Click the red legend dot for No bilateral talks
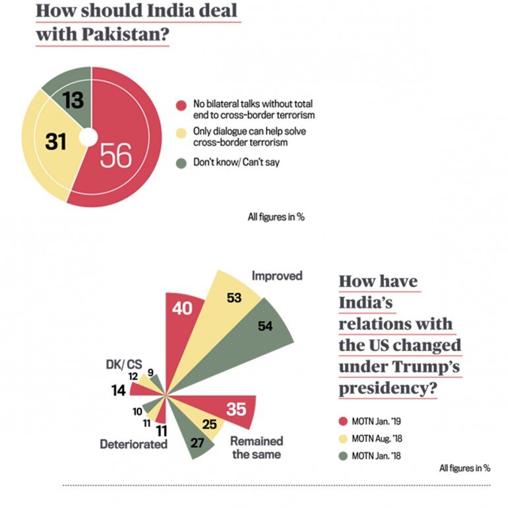pyautogui.click(x=180, y=105)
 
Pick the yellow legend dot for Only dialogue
pyautogui.click(x=180, y=132)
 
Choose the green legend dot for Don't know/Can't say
pyautogui.click(x=180, y=160)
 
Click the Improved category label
pyautogui.click(x=276, y=276)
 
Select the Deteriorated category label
pyautogui.click(x=133, y=444)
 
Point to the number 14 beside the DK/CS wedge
pyautogui.click(x=118, y=391)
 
